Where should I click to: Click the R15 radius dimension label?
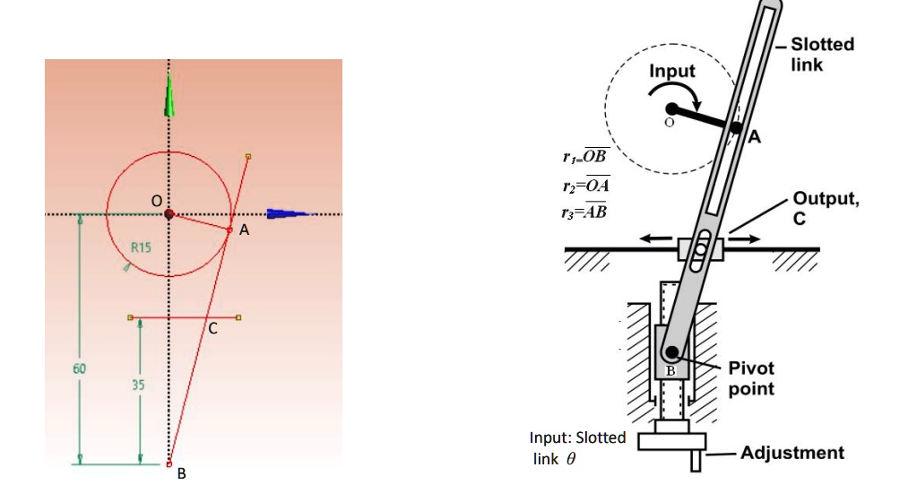point(141,247)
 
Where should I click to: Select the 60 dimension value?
point(79,368)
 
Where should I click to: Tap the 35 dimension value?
point(138,385)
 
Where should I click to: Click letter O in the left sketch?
point(156,201)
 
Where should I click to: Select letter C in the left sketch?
point(212,329)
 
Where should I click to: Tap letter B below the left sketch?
point(181,473)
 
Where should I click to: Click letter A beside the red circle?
point(244,230)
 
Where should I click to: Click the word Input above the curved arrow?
point(672,71)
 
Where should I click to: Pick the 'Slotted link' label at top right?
point(822,55)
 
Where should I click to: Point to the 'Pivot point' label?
point(751,378)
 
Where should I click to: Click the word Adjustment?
point(792,453)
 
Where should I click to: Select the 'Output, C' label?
point(826,208)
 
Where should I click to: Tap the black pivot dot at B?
point(672,351)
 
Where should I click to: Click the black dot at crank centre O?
point(672,108)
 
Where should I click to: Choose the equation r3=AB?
point(584,211)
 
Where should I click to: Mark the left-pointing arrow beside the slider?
point(655,238)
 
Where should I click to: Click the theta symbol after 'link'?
point(571,459)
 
